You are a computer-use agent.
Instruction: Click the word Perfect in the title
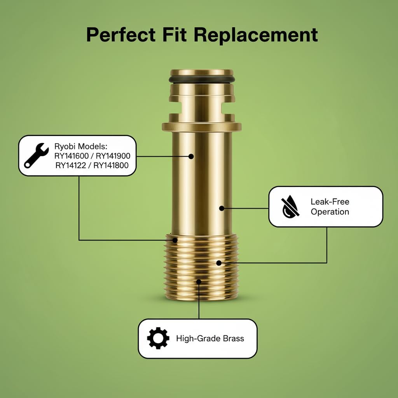click(121, 35)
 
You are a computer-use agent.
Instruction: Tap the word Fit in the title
click(175, 34)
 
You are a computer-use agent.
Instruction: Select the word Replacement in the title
click(256, 35)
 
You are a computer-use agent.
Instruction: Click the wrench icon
click(36, 155)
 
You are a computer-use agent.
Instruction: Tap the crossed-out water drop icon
click(290, 207)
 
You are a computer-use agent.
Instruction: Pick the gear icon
click(158, 338)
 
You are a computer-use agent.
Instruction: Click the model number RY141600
click(72, 156)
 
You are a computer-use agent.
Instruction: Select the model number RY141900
click(113, 156)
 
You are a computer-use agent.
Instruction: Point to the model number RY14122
click(71, 166)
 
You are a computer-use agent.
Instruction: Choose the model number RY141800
click(111, 166)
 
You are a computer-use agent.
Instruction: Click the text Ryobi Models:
click(81, 146)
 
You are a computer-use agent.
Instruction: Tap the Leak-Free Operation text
click(330, 207)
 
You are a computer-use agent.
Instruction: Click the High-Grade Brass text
click(210, 339)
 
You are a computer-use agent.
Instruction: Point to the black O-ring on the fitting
click(202, 79)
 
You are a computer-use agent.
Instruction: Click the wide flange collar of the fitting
click(202, 127)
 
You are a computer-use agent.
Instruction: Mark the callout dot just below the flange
click(191, 156)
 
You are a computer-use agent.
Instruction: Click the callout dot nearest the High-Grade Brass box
click(199, 282)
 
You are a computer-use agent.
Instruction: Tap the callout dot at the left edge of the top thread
click(175, 240)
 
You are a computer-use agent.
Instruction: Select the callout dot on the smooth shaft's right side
click(222, 208)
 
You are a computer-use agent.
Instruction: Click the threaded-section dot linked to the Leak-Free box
click(219, 263)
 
